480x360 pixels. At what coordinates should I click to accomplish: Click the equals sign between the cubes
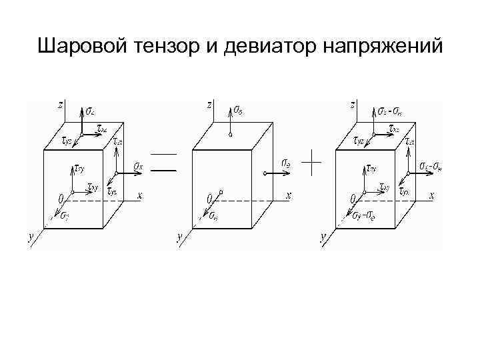pyautogui.click(x=163, y=163)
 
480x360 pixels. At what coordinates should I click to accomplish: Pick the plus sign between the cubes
pyautogui.click(x=312, y=162)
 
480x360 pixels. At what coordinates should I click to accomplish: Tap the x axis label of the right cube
pyautogui.click(x=431, y=196)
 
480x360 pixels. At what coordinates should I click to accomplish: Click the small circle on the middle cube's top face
pyautogui.click(x=229, y=135)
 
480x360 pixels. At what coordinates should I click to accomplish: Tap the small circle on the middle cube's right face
pyautogui.click(x=265, y=173)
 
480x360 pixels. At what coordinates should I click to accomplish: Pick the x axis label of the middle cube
pyautogui.click(x=288, y=196)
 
